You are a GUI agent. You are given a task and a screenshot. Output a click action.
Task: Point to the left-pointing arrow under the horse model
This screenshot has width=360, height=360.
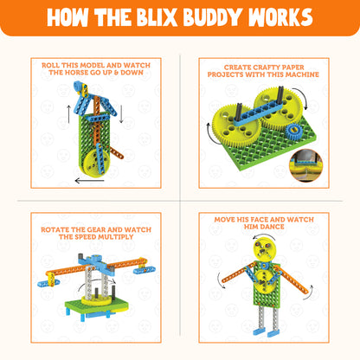point(89,181)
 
